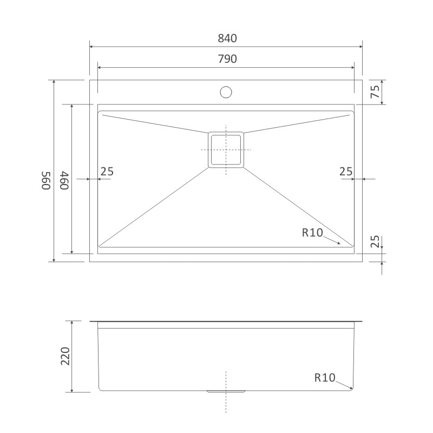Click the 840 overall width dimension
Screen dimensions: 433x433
coord(227,38)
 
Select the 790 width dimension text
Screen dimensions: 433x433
coord(227,59)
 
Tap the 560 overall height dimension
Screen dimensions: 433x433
coord(46,181)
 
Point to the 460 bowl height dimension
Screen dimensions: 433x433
coord(64,181)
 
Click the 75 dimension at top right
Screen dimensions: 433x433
coord(375,91)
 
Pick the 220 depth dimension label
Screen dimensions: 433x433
coord(65,356)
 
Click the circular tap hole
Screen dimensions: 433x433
coord(226,92)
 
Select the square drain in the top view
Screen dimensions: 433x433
coord(226,150)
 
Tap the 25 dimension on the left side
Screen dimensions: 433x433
coord(107,172)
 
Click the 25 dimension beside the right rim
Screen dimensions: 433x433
coord(346,172)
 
